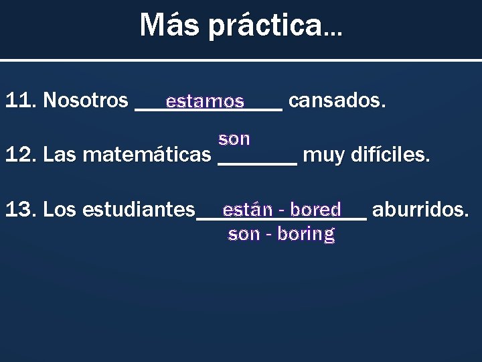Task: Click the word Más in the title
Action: coord(163,25)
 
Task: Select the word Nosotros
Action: coord(85,101)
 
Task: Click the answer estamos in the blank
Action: coord(205,102)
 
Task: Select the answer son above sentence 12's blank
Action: coord(234,139)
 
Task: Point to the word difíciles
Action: coord(390,155)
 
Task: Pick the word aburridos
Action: coord(419,209)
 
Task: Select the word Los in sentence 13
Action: coord(56,209)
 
